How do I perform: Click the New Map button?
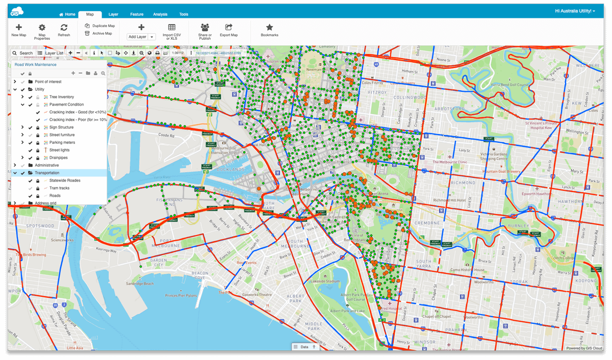tap(19, 30)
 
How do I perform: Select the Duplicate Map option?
tap(100, 25)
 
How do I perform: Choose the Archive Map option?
tap(98, 33)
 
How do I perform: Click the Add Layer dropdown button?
tap(141, 37)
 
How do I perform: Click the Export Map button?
tap(228, 30)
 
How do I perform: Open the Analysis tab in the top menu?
tap(160, 14)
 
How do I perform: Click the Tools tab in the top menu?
tap(184, 14)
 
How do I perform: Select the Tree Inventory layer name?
tap(62, 97)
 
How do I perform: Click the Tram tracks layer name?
tap(59, 188)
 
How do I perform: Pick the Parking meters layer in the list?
tap(62, 143)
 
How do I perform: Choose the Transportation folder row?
tap(47, 173)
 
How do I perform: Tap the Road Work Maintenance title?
tap(36, 65)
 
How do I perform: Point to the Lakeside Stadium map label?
tap(326, 281)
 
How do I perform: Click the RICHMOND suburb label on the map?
tap(449, 182)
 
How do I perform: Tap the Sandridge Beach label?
tap(140, 284)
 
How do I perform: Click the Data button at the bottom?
tap(304, 347)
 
